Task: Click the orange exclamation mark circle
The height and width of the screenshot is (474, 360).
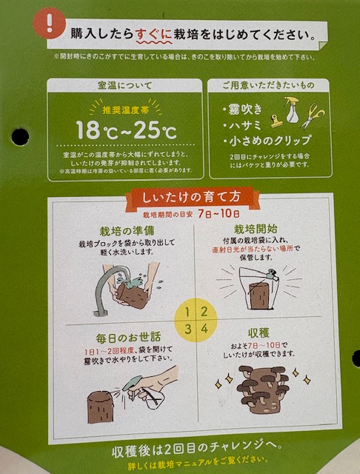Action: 50,23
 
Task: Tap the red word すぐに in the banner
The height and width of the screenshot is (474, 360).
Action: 154,34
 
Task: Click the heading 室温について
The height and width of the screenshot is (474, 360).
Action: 125,86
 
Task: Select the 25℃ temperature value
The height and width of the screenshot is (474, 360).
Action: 156,131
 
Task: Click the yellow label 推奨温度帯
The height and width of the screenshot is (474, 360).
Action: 126,110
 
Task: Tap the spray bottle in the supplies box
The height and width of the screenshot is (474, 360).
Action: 291,110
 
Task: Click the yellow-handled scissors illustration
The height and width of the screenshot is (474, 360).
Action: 313,116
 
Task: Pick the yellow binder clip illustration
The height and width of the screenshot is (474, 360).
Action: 276,121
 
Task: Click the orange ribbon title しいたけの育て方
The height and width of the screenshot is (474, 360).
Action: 191,197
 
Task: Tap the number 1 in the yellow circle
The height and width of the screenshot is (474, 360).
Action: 187,312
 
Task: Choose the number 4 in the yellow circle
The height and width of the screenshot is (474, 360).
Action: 204,329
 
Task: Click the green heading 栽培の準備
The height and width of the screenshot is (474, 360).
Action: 127,231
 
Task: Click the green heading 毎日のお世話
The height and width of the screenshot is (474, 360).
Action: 128,338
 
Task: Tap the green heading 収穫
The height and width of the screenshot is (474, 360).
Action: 259,333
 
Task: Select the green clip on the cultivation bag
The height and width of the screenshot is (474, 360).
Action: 270,273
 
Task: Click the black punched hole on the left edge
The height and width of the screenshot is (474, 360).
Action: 20,136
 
